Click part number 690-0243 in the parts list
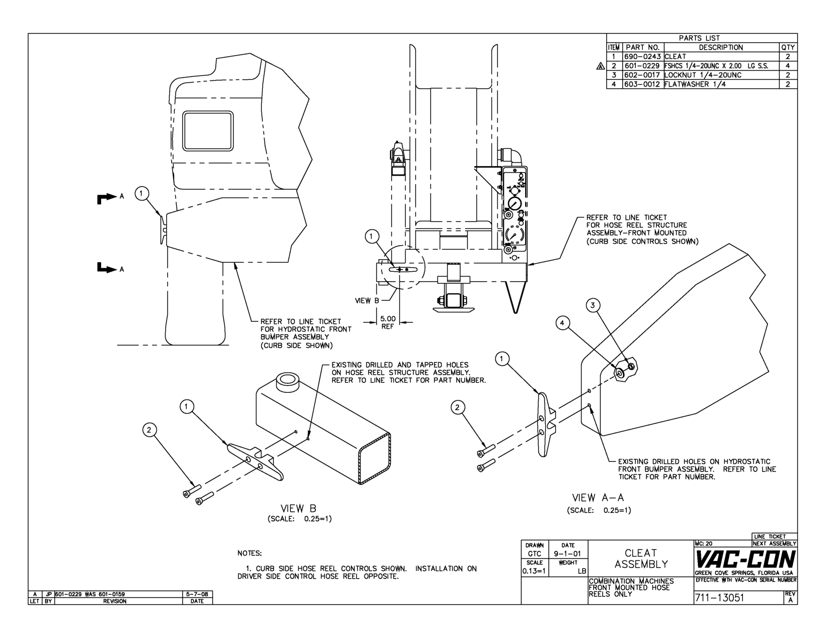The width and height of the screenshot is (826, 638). pos(643,57)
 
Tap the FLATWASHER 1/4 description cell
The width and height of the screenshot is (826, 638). pos(695,84)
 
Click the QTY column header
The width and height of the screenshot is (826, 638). pos(787,48)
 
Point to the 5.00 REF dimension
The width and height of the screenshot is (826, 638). pos(387,322)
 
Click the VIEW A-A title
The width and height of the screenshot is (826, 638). pos(598,498)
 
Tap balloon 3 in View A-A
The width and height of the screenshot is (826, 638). pos(593,305)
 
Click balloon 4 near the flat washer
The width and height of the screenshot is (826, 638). pos(563,323)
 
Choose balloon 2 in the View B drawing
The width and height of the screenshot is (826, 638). pos(149,430)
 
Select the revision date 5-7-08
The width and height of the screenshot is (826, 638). pos(197,594)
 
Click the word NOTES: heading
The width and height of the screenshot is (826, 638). pos(249,553)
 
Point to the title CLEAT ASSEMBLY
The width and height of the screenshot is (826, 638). pos(641,558)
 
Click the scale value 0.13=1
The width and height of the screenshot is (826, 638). pos(535,571)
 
